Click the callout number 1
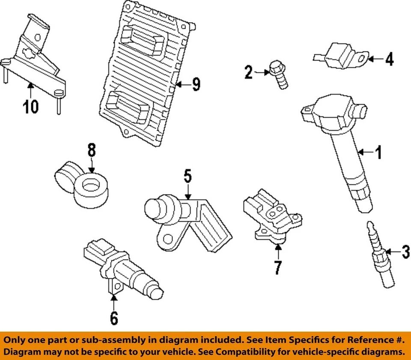click(x=378, y=152)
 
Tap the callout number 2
click(x=249, y=72)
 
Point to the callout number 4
click(x=389, y=59)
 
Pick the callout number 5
click(x=188, y=176)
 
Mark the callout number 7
click(x=278, y=267)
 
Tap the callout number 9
click(x=196, y=84)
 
